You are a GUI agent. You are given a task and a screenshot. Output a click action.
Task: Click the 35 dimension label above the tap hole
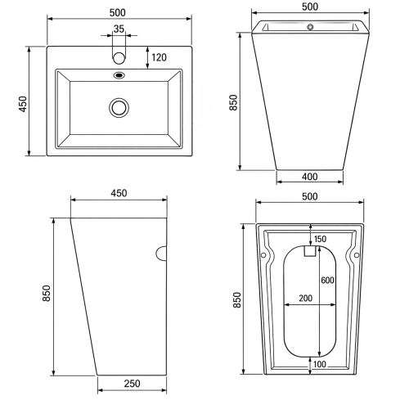pyautogui.click(x=119, y=29)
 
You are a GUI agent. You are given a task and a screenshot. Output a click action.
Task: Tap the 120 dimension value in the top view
pyautogui.click(x=159, y=57)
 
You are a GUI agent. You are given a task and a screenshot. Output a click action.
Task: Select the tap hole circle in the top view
pyautogui.click(x=119, y=58)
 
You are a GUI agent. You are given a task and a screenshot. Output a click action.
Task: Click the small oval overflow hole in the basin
pyautogui.click(x=119, y=75)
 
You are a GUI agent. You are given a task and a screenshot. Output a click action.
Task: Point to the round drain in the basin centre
pyautogui.click(x=119, y=108)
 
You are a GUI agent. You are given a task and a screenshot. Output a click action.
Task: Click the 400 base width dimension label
pyautogui.click(x=310, y=177)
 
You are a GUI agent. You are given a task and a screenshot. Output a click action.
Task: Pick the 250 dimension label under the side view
pyautogui.click(x=133, y=384)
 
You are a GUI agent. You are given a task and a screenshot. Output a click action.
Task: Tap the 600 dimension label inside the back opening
pyautogui.click(x=327, y=280)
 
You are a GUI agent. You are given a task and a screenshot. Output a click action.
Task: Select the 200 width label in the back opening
pyautogui.click(x=305, y=298)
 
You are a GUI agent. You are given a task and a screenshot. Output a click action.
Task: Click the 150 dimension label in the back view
pyautogui.click(x=320, y=239)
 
